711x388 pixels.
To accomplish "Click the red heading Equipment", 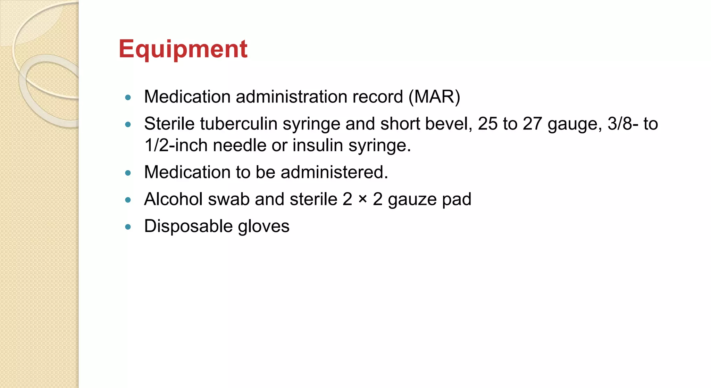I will pyautogui.click(x=183, y=49).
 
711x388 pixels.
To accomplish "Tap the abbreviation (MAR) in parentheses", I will pyautogui.click(x=434, y=97).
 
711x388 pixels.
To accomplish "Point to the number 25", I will pyautogui.click(x=487, y=124).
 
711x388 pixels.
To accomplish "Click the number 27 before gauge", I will pyautogui.click(x=532, y=124).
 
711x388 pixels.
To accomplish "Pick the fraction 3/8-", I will pyautogui.click(x=622, y=124).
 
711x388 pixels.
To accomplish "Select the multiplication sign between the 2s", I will pyautogui.click(x=362, y=199).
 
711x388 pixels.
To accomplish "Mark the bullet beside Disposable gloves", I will pyautogui.click(x=128, y=227).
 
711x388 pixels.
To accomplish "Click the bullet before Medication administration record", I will pyautogui.click(x=128, y=98).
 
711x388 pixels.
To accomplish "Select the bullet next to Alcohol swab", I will pyautogui.click(x=128, y=200).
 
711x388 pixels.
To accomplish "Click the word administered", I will pyautogui.click(x=334, y=172).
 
